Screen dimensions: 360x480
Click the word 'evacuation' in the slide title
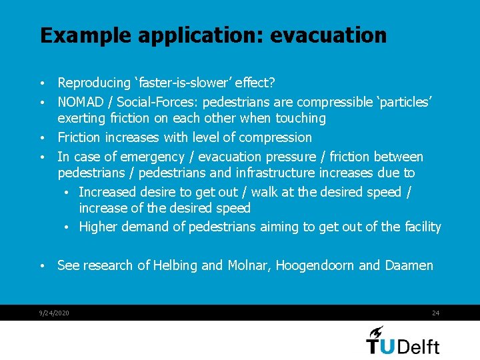(328, 35)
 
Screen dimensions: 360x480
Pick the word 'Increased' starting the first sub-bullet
(107, 192)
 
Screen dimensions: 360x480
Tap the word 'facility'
(423, 227)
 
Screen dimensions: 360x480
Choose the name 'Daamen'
(409, 265)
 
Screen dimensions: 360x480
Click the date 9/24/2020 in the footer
(55, 313)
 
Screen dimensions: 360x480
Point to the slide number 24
(435, 313)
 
